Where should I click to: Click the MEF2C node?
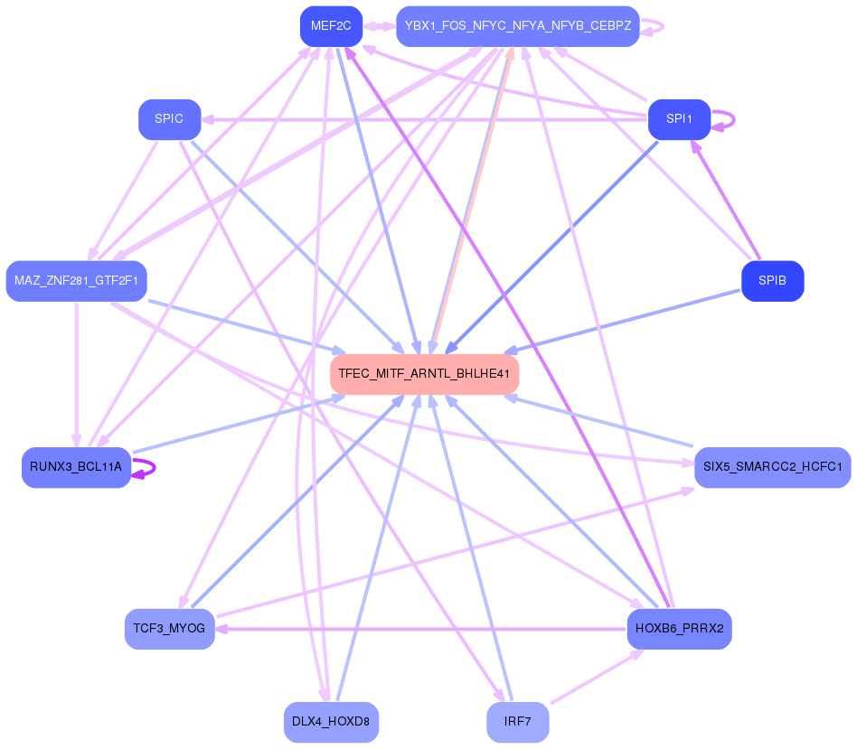click(x=331, y=26)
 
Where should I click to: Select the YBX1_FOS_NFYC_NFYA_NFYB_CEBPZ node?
click(x=517, y=26)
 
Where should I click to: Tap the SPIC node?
click(x=169, y=119)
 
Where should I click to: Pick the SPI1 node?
click(x=679, y=119)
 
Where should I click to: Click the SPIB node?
click(x=772, y=281)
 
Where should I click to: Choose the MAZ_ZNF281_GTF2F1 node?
click(x=76, y=281)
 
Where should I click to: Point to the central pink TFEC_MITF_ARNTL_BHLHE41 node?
click(x=424, y=373)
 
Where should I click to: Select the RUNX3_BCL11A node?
click(x=76, y=467)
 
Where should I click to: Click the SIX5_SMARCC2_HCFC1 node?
click(x=772, y=467)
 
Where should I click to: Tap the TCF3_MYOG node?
click(x=169, y=629)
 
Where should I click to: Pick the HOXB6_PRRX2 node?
click(x=679, y=629)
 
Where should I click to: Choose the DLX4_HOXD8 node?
click(x=331, y=722)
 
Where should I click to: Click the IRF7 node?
click(x=517, y=722)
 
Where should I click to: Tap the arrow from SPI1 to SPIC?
click(x=425, y=119)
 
